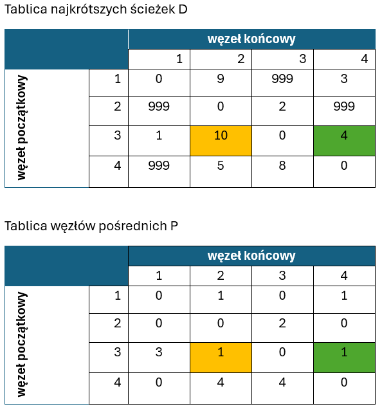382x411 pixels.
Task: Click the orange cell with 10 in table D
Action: (221, 141)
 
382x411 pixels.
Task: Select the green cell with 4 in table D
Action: (344, 141)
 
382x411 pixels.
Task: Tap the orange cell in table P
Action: (221, 358)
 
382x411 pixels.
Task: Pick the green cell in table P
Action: (344, 358)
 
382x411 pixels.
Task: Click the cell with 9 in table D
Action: (221, 83)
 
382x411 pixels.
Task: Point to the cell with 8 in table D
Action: (282, 172)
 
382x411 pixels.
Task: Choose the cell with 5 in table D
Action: (221, 172)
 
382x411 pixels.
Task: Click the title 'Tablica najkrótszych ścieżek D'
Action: (96, 10)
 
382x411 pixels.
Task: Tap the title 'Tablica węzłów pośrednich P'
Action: (91, 226)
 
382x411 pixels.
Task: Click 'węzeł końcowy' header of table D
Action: (251, 39)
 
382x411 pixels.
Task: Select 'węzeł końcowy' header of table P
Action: (251, 256)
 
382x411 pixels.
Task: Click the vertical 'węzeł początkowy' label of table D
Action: (22, 128)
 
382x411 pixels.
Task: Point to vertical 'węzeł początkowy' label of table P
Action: (22, 344)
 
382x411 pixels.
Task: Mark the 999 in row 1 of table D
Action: (282, 78)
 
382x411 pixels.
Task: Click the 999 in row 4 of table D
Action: (159, 166)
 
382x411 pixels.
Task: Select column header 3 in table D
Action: (303, 59)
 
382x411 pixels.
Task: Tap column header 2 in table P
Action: (221, 276)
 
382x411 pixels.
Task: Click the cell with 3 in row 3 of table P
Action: (159, 358)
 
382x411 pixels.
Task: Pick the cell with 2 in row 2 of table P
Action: (282, 328)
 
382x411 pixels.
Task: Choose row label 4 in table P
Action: (118, 383)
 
